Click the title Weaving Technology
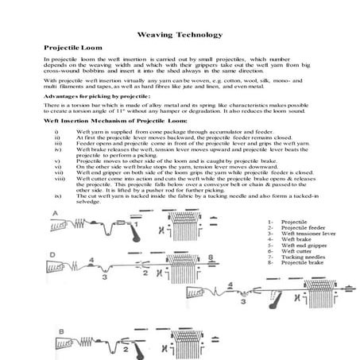180,34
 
